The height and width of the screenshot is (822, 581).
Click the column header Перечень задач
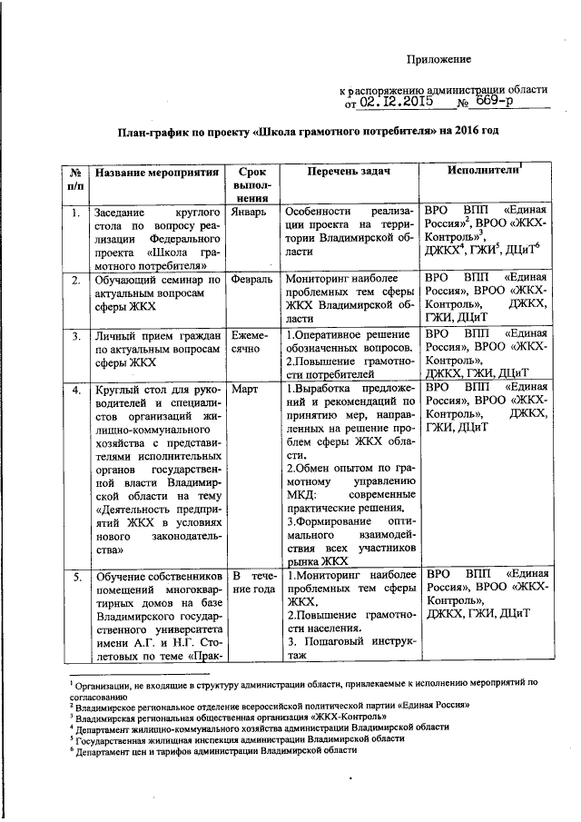coord(348,171)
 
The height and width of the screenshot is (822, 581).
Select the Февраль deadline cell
coord(252,280)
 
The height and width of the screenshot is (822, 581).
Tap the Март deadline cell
coord(246,389)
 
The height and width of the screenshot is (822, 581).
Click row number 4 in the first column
coord(75,389)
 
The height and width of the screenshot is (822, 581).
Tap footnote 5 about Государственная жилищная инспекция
coord(240,738)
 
